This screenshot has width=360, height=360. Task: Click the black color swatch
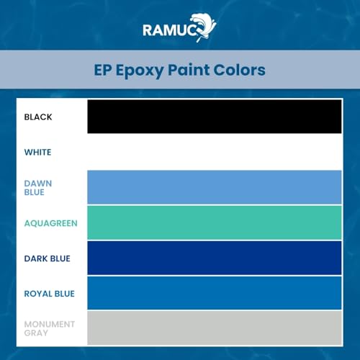coord(215,117)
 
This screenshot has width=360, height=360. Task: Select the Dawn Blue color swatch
coord(215,187)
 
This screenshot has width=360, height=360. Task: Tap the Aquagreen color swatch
coord(215,222)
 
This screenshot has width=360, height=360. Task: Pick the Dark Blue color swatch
coord(215,258)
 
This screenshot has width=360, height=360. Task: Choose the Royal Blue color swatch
coord(215,293)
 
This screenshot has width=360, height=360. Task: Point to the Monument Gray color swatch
coord(215,328)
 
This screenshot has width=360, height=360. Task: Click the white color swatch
coord(215,152)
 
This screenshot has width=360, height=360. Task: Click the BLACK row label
coord(38,117)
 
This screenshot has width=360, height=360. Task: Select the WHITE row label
coord(37,152)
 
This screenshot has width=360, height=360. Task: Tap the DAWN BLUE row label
coord(38,188)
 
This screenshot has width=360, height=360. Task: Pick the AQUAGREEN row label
coord(50,223)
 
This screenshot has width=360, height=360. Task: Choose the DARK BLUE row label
coord(47,258)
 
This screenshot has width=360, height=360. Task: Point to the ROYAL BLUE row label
coord(49,294)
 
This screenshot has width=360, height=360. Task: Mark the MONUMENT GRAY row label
coord(49,328)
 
